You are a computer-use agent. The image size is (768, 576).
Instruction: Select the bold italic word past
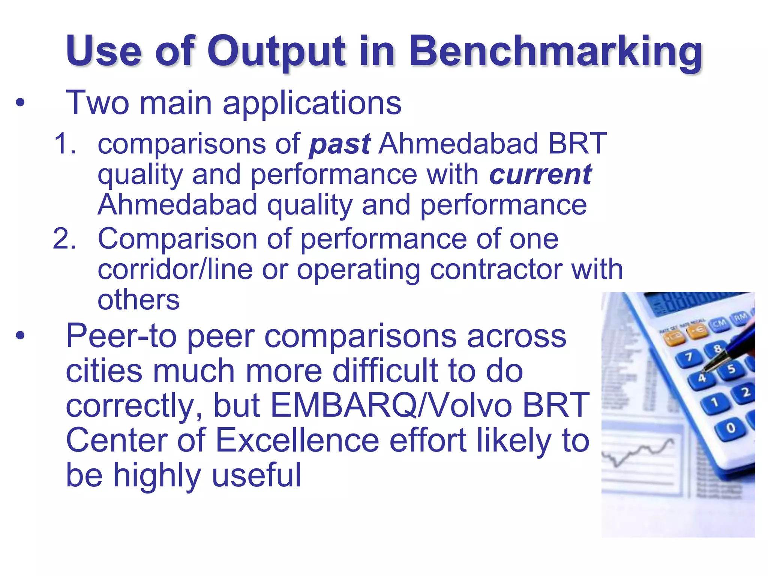(x=340, y=144)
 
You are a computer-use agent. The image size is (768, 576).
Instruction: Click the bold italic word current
(x=540, y=175)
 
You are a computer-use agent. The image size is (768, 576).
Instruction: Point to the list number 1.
(x=64, y=144)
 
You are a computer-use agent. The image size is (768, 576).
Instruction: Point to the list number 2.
(x=64, y=238)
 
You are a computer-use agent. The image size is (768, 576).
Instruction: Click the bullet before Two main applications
(x=20, y=102)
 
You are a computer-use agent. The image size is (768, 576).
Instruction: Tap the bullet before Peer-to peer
(x=20, y=336)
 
